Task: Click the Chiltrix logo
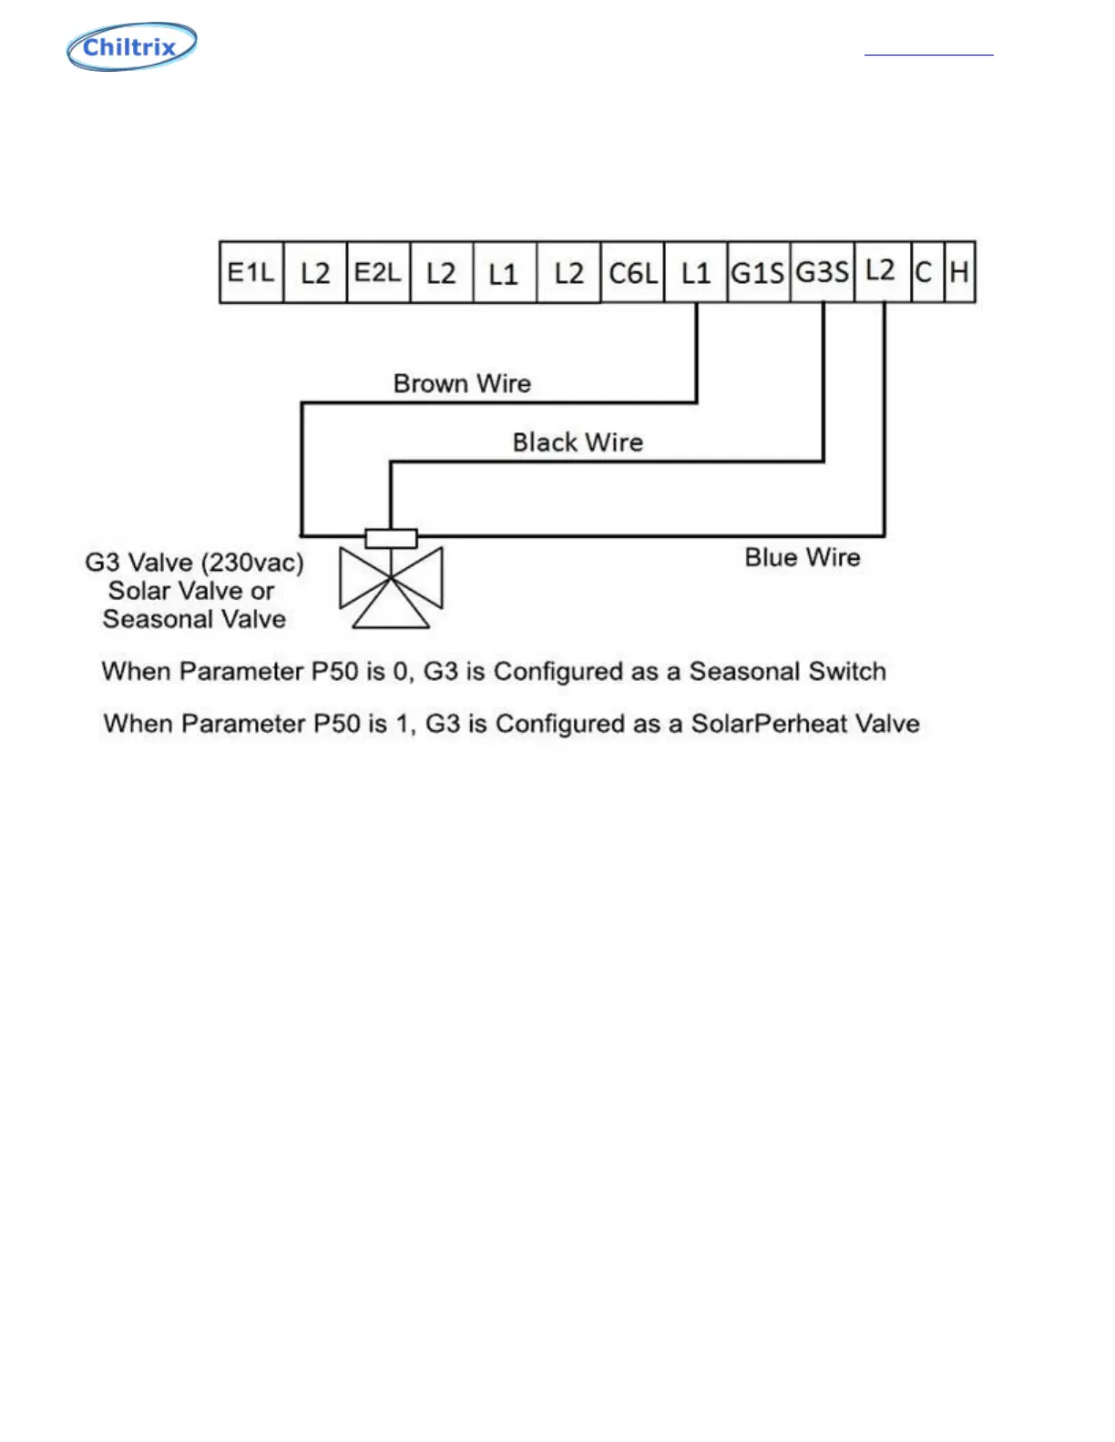tap(132, 47)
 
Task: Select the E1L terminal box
tap(251, 272)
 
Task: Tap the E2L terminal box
tap(378, 272)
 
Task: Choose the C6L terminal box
tap(633, 272)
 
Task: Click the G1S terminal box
tap(759, 272)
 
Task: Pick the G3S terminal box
tap(823, 272)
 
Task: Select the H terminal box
tap(959, 272)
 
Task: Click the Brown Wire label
tap(462, 383)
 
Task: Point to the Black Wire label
tap(578, 442)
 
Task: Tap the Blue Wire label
tap(803, 557)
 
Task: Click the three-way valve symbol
tap(391, 587)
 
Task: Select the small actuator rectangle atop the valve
tap(391, 538)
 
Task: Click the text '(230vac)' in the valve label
tap(256, 563)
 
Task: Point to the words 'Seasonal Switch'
tap(787, 672)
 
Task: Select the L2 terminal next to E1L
tap(315, 272)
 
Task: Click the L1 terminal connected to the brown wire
tap(696, 272)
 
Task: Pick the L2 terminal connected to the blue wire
tap(881, 272)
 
